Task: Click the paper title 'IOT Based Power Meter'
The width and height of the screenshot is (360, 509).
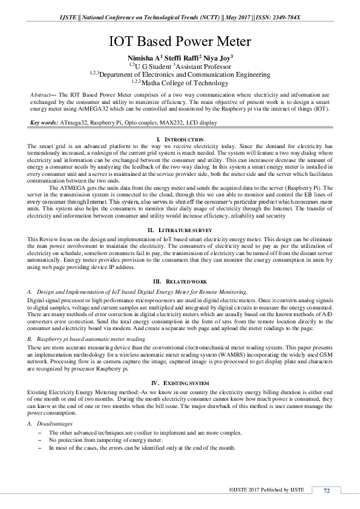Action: click(180, 42)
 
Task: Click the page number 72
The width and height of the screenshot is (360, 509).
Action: click(326, 491)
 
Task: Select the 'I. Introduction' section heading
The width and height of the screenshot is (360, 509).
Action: click(180, 140)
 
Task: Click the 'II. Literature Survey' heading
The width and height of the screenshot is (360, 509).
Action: click(180, 231)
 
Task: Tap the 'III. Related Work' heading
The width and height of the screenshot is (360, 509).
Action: click(180, 282)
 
